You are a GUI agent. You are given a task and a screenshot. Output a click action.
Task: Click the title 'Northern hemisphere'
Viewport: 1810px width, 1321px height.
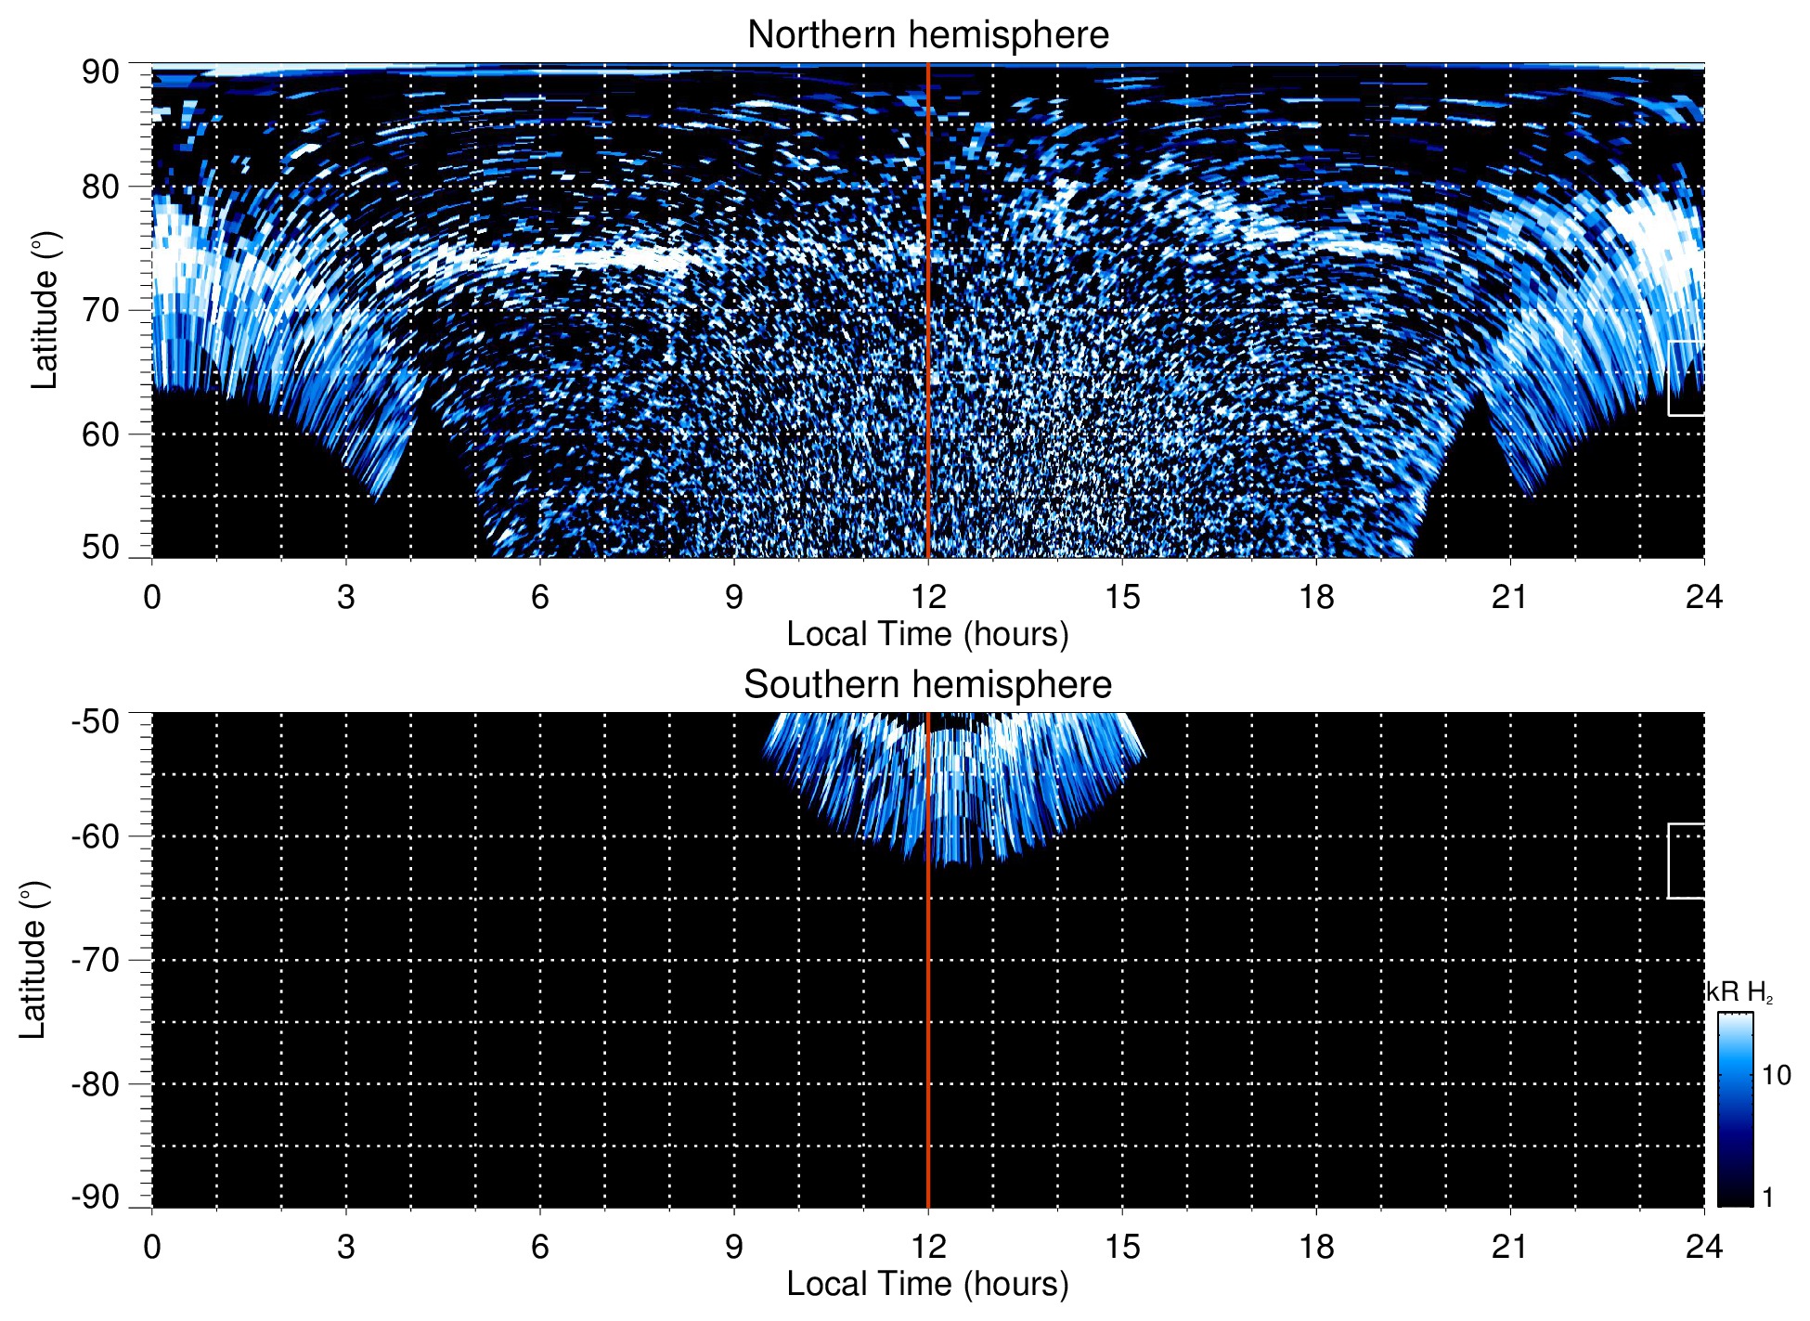[x=927, y=35]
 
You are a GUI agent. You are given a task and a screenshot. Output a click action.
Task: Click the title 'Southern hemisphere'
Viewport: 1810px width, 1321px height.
[x=927, y=685]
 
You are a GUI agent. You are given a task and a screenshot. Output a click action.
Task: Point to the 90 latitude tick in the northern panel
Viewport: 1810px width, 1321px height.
[x=100, y=72]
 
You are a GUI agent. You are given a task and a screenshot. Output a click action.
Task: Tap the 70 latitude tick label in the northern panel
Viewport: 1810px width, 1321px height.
[x=100, y=310]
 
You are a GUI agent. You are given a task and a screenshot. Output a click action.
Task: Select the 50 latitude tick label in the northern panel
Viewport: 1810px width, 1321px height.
[x=100, y=547]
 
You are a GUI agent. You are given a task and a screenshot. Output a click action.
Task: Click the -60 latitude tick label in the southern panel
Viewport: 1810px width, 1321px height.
[x=96, y=836]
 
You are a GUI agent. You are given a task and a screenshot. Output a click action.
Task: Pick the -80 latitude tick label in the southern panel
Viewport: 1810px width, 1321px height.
[x=96, y=1083]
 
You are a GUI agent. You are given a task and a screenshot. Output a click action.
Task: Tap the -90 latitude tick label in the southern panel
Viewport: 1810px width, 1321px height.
[x=96, y=1197]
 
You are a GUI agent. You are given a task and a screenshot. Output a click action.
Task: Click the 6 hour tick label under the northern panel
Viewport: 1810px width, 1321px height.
[x=540, y=597]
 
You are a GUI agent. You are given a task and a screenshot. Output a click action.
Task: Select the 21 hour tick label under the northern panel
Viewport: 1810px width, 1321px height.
[x=1510, y=597]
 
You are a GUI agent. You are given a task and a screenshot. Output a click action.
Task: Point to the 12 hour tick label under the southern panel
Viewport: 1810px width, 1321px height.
[x=927, y=1247]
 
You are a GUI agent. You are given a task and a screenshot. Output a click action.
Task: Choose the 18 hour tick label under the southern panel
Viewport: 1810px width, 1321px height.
[x=1316, y=1247]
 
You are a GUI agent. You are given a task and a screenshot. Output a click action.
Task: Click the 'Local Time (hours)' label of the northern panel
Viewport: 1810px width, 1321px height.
[x=927, y=634]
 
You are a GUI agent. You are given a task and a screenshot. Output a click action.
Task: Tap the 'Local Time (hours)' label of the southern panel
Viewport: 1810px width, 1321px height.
[x=927, y=1284]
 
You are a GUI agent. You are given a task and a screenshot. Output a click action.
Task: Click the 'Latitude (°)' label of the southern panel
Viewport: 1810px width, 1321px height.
[x=33, y=960]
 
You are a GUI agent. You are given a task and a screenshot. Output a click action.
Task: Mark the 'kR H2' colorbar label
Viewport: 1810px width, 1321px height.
[x=1739, y=992]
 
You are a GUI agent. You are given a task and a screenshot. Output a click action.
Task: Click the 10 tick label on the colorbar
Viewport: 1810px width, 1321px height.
[x=1776, y=1076]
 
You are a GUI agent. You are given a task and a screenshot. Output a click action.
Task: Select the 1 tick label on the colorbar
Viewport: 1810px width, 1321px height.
[x=1767, y=1198]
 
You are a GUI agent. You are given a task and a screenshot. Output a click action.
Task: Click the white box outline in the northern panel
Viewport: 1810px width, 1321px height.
[x=1670, y=379]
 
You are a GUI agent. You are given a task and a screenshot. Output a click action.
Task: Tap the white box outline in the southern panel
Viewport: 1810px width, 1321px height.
[x=1670, y=861]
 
